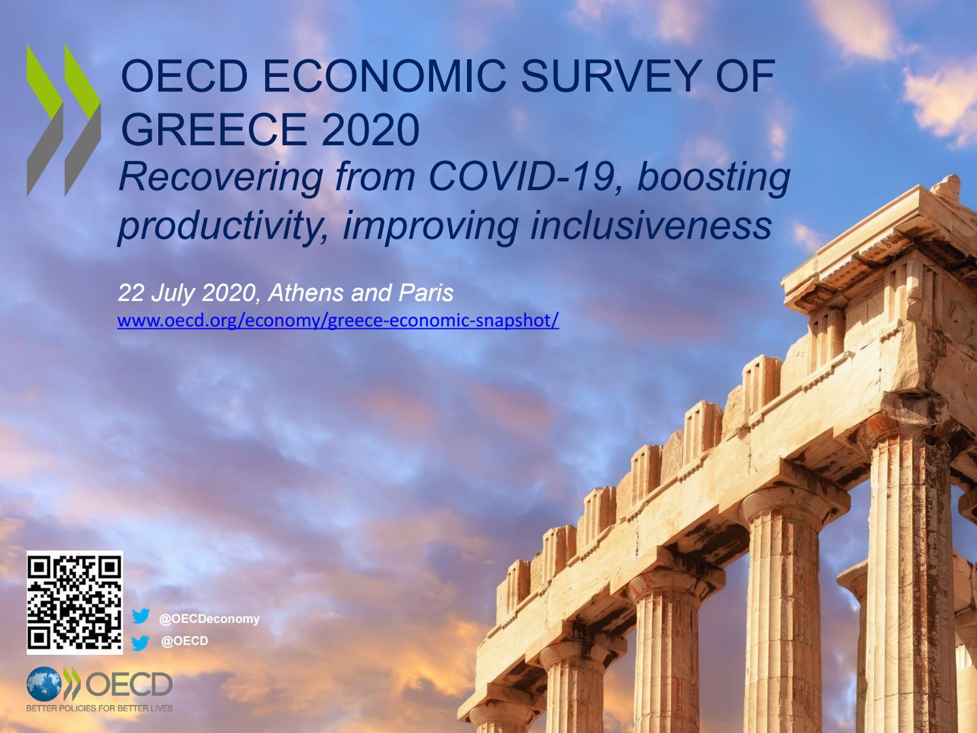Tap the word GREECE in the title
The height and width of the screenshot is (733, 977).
[213, 129]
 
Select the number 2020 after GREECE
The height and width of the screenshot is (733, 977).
[371, 129]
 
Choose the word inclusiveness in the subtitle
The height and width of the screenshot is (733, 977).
[651, 225]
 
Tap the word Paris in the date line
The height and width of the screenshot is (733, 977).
[426, 293]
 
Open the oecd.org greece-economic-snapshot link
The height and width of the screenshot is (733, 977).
[338, 321]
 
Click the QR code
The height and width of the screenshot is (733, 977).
[75, 603]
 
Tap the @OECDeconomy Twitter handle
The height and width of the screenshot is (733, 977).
[209, 619]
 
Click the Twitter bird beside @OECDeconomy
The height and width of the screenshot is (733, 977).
[141, 616]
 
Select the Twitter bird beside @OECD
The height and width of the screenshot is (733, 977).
[141, 643]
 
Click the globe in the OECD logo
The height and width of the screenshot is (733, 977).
[44, 683]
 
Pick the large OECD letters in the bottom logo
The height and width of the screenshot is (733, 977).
[128, 684]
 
